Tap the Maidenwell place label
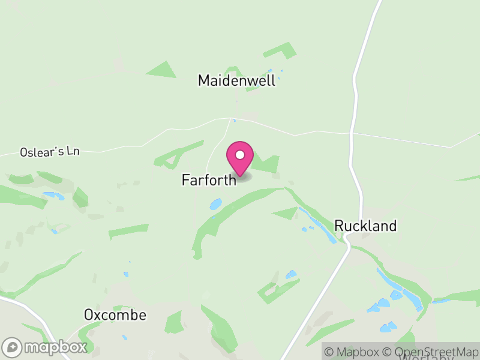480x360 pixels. click(236, 80)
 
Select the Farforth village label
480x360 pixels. click(209, 180)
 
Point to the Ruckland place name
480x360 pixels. click(365, 226)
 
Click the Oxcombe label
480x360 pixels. click(115, 315)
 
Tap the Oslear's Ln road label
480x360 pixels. click(49, 152)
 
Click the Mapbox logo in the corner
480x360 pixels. click(46, 347)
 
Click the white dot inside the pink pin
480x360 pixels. click(240, 155)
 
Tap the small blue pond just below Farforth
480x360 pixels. click(215, 204)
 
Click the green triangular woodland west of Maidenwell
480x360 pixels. click(162, 70)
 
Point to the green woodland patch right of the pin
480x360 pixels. click(268, 164)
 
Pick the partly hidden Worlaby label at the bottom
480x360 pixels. click(424, 357)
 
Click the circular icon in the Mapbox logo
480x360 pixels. click(13, 347)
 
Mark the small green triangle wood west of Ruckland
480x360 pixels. click(286, 212)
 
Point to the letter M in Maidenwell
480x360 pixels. click(204, 80)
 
